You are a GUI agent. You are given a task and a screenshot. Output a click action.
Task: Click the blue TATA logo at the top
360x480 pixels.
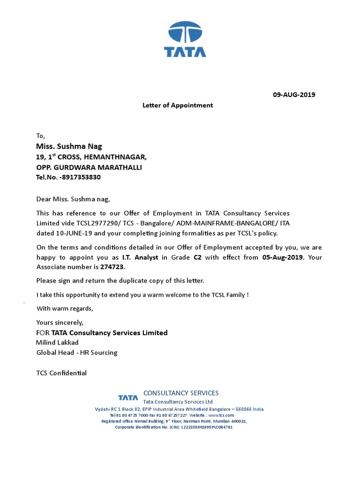coord(185,39)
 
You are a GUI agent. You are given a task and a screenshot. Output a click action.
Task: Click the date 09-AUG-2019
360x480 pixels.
coord(294,95)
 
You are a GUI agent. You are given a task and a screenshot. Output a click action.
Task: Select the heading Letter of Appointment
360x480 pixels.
coord(178,105)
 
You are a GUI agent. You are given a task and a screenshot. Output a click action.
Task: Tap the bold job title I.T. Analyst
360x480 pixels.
coord(140,257)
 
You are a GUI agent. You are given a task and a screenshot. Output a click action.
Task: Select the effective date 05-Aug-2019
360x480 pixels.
coord(282,257)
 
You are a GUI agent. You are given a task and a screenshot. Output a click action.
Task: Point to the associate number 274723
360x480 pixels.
coord(113,267)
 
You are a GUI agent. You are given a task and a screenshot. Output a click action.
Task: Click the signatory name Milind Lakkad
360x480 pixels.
coord(58,343)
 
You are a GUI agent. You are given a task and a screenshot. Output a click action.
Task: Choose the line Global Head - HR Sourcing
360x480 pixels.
coord(77,352)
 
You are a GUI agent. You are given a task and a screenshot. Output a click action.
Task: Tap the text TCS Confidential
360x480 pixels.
coord(61,373)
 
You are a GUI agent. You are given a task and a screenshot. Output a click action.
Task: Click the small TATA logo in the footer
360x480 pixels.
coord(128,398)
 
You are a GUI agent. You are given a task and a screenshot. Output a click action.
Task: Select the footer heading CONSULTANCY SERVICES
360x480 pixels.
coord(181,393)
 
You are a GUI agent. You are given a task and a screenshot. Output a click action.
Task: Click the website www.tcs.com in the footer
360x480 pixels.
coord(221,415)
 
